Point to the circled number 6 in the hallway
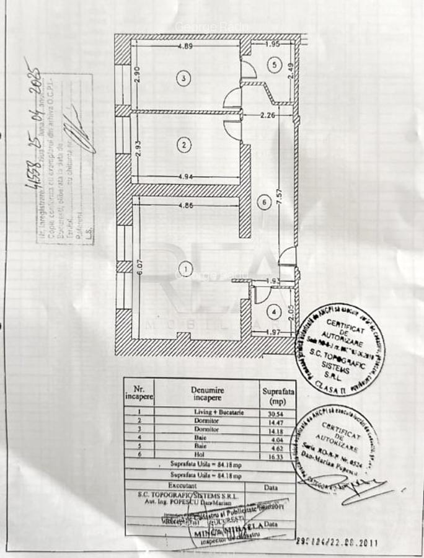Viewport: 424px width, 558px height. point(263,201)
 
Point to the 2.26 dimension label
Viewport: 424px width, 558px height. point(267,114)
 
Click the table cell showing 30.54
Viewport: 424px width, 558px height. point(277,412)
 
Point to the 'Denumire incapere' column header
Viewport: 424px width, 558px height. point(208,394)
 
